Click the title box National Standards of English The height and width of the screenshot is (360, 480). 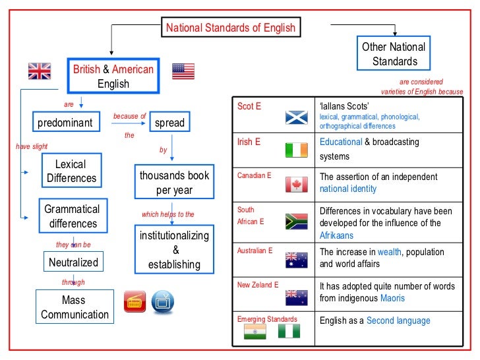[231, 28]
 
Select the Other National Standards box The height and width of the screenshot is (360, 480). [394, 54]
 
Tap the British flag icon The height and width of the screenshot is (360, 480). [39, 71]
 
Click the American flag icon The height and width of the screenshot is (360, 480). [183, 71]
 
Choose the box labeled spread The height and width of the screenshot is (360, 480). [169, 123]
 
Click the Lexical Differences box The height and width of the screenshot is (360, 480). [71, 171]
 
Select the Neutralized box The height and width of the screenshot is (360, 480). [73, 262]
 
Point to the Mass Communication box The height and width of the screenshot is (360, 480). [75, 307]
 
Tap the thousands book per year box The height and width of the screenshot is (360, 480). [174, 183]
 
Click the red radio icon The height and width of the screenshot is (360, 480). [135, 301]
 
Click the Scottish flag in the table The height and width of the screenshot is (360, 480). [296, 117]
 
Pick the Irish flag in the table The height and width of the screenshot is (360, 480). [296, 150]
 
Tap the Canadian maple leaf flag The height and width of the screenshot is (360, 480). [296, 185]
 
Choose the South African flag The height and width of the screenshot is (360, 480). [296, 222]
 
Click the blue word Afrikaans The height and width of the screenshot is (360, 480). [336, 236]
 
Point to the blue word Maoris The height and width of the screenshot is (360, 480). [392, 298]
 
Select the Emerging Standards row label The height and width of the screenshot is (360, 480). [267, 319]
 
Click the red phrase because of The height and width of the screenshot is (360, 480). [129, 116]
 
